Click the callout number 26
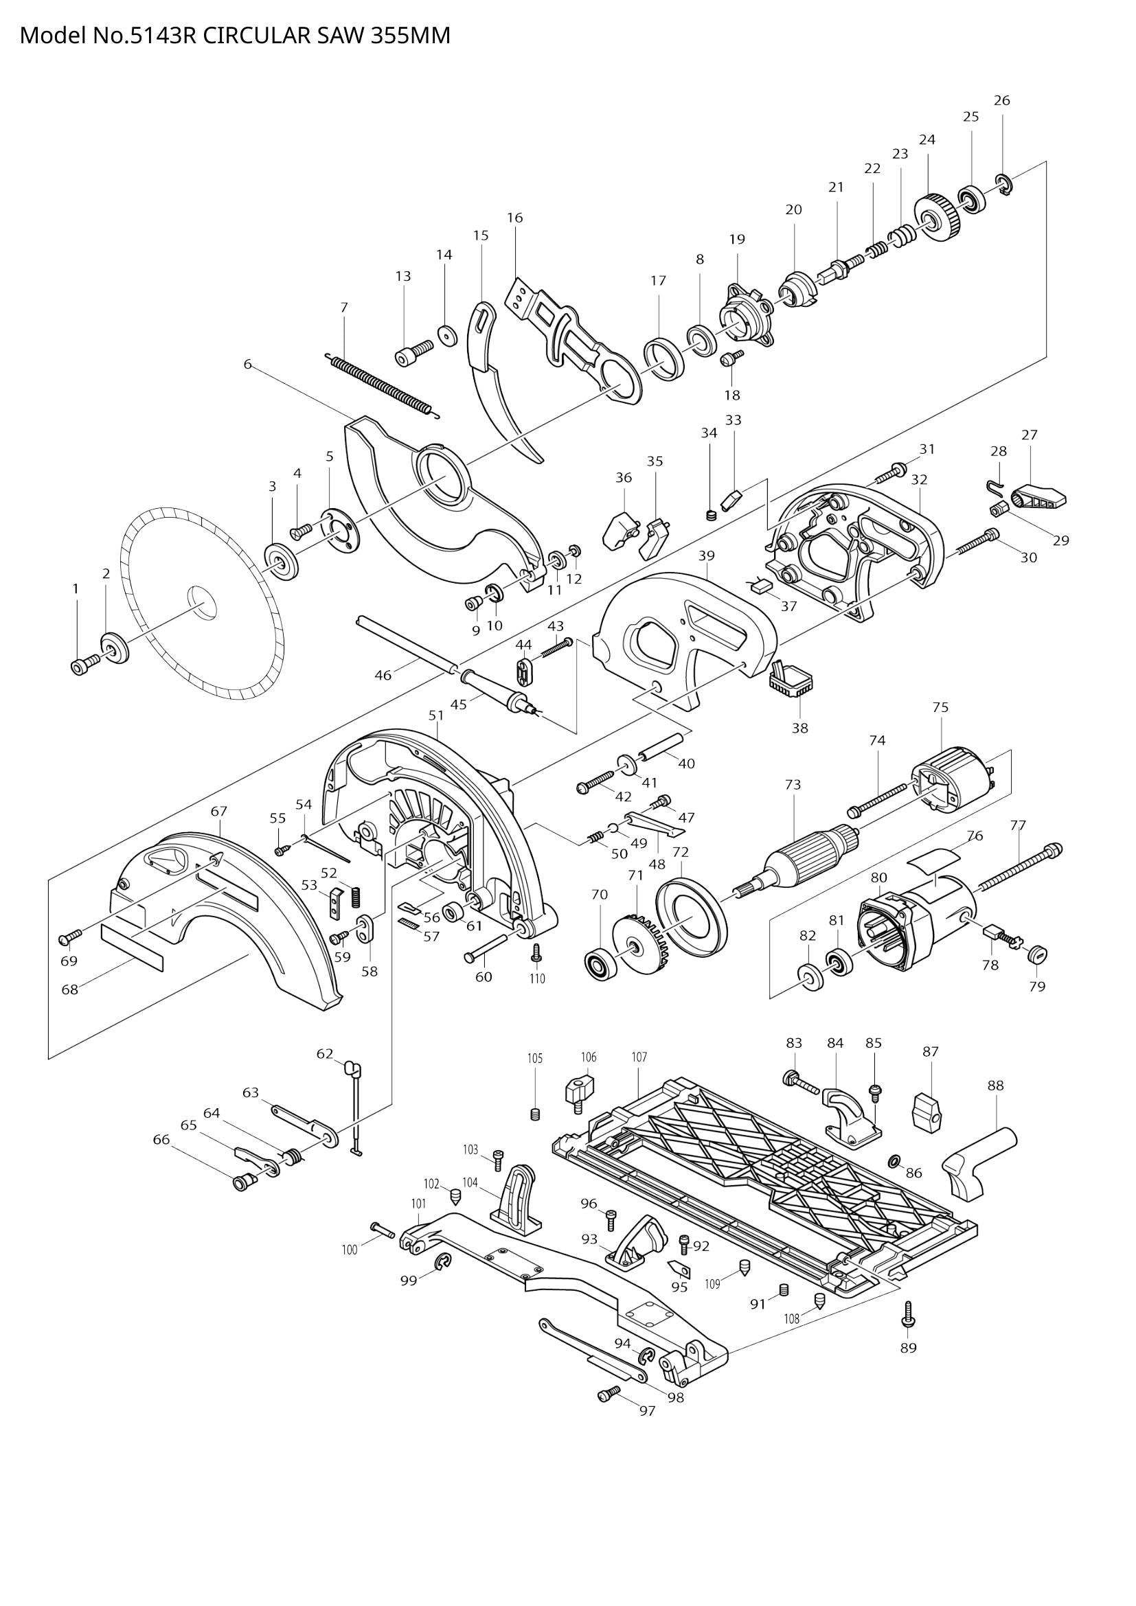click(1001, 101)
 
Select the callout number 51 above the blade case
click(437, 715)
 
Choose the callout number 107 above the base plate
click(639, 1057)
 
